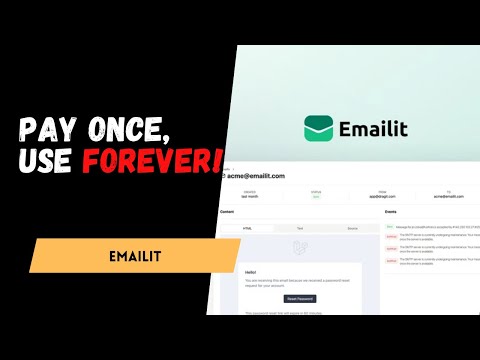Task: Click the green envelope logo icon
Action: (320, 128)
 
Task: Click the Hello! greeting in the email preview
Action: (252, 271)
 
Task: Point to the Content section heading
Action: (228, 213)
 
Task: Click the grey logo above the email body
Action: (298, 247)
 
